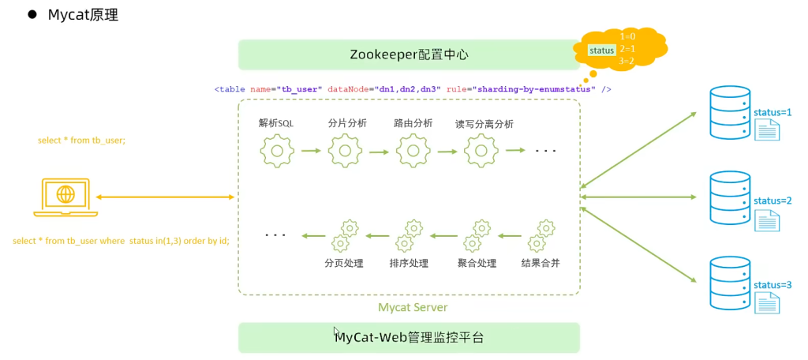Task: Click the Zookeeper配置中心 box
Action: point(409,54)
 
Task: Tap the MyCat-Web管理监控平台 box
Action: point(409,337)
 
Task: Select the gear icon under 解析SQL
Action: point(276,150)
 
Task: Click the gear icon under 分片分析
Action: point(345,150)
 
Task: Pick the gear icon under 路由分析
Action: point(413,150)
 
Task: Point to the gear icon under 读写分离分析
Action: point(481,150)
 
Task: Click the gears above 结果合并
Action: point(541,235)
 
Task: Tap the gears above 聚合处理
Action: point(477,235)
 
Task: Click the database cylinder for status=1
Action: point(730,111)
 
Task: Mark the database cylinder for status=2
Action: point(730,197)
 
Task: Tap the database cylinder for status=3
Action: point(730,282)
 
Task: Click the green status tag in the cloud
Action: point(601,50)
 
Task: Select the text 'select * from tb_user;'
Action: point(81,141)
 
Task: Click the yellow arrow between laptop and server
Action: point(166,197)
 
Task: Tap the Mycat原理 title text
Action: point(83,15)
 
